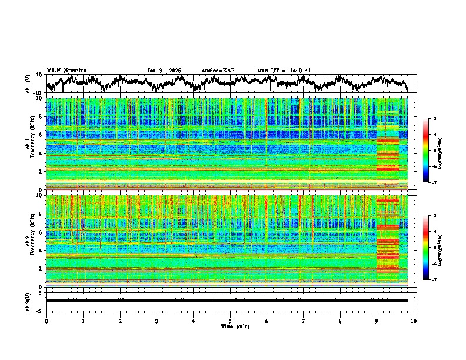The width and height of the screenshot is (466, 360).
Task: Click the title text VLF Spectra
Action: [66, 70]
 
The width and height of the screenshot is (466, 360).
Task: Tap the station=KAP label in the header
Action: [218, 71]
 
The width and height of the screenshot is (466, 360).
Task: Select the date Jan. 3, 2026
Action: [164, 71]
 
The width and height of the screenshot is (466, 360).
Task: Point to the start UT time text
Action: [284, 71]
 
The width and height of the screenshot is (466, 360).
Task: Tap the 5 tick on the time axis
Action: [230, 321]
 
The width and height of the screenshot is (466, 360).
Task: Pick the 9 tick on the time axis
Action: [377, 321]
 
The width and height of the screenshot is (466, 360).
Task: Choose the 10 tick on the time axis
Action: [414, 321]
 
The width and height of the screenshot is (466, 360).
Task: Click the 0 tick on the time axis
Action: [46, 321]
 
